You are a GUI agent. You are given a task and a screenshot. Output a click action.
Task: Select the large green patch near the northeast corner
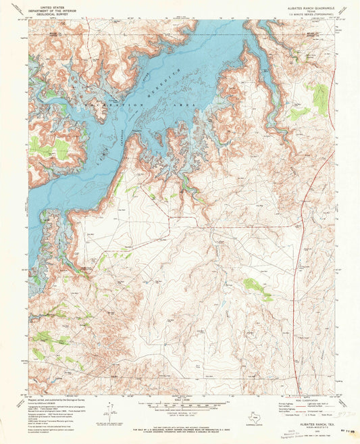tap(319, 98)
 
